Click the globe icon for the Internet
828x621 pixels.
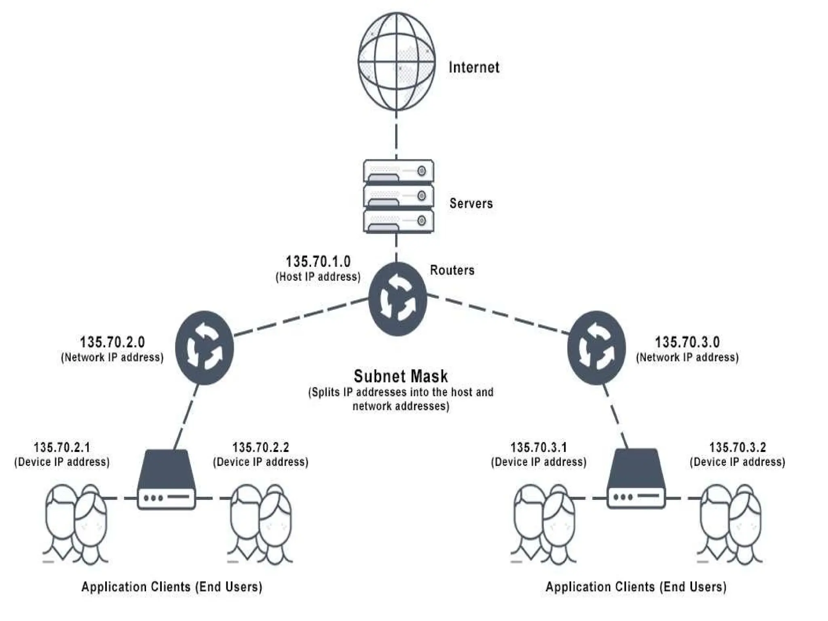(397, 61)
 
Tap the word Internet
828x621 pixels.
(474, 67)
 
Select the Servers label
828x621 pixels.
(471, 203)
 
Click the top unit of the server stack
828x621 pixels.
(398, 171)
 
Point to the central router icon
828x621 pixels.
(397, 299)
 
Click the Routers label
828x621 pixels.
(452, 270)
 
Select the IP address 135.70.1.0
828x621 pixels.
(318, 262)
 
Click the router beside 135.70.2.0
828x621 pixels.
(205, 347)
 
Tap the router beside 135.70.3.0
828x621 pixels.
(596, 347)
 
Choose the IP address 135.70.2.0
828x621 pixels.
(112, 342)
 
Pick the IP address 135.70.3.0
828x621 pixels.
(687, 342)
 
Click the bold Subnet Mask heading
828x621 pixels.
(401, 376)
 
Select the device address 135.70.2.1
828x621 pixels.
(62, 448)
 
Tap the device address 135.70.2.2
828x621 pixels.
(261, 448)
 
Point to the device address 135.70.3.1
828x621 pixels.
(539, 448)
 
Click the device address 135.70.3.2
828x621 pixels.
(737, 448)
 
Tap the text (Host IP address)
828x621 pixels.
(318, 277)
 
